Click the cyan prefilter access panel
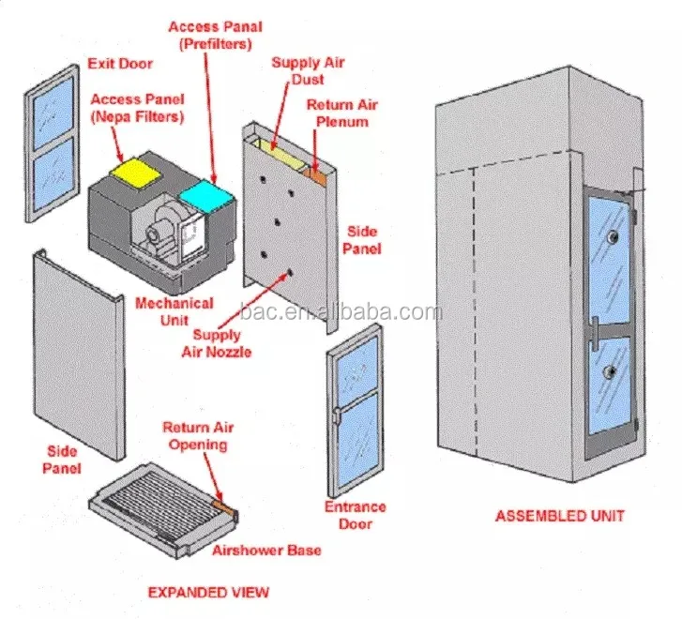[x=206, y=194]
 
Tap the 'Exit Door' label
[x=119, y=64]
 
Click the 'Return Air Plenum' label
[x=337, y=113]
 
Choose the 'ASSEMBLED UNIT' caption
[x=559, y=515]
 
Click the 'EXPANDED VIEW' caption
[x=208, y=592]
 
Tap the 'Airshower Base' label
[x=266, y=550]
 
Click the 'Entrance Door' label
[x=356, y=515]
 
